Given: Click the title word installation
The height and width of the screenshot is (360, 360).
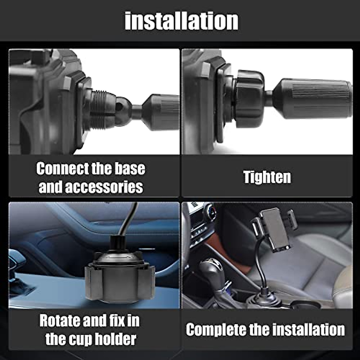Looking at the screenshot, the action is pos(181,21).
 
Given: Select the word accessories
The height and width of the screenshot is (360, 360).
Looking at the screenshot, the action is pos(104,187).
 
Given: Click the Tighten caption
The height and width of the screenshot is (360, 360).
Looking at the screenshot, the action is pos(267,178).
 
